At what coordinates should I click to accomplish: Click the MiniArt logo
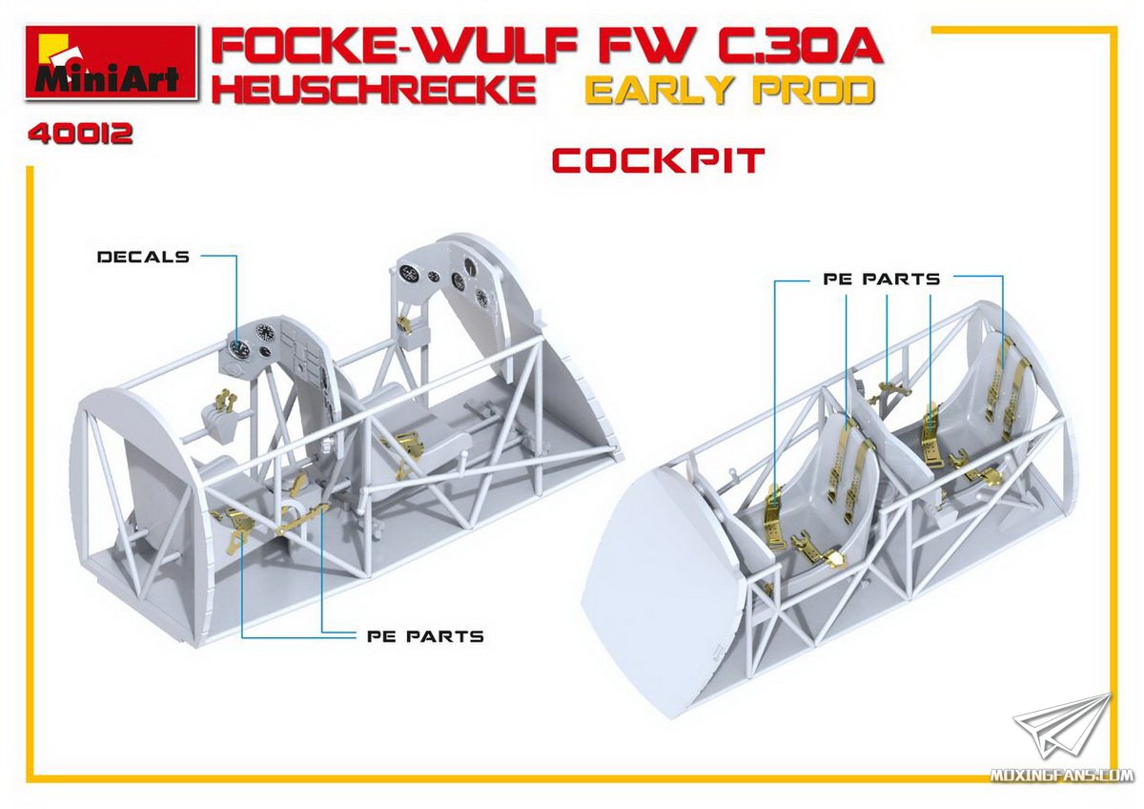point(111,62)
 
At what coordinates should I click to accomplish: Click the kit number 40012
point(81,135)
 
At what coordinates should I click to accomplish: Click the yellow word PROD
point(814,91)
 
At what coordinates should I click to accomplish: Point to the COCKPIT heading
point(659,160)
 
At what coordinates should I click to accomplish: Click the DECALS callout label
point(143,257)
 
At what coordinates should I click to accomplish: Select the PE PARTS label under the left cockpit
point(425,636)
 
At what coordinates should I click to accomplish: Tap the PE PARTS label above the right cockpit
point(882,279)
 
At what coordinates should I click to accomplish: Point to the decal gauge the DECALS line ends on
point(238,349)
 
